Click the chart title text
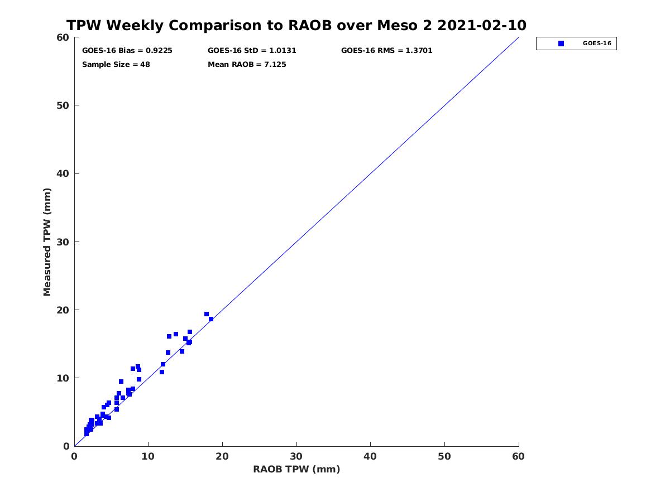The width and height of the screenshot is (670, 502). click(x=296, y=25)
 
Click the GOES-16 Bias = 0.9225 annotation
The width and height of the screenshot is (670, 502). click(x=127, y=51)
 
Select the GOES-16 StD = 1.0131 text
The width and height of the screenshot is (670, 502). click(x=252, y=51)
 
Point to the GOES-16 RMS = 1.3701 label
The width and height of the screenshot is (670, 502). click(x=386, y=51)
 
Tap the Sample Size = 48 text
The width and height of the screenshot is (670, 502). click(x=116, y=65)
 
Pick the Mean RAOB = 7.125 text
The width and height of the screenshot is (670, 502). click(x=247, y=65)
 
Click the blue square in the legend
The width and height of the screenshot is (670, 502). click(x=561, y=44)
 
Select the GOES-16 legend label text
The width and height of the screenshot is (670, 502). click(x=597, y=44)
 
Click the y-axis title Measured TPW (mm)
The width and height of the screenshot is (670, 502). click(x=47, y=242)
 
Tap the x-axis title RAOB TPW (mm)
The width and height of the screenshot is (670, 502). click(x=296, y=469)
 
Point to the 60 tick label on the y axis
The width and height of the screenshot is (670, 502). click(x=63, y=37)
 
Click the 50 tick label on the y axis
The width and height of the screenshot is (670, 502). click(x=63, y=105)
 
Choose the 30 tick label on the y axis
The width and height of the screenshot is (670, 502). click(x=63, y=242)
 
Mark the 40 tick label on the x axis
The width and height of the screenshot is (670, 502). click(x=370, y=456)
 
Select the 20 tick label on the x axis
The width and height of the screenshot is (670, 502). click(x=222, y=456)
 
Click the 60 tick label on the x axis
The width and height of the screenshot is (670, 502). click(x=518, y=456)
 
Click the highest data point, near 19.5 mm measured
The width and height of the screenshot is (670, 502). click(x=207, y=314)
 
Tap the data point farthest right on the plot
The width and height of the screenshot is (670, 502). click(x=211, y=319)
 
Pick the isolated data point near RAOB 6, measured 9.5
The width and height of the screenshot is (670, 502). click(x=121, y=382)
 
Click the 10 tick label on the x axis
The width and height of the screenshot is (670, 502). click(x=148, y=456)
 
